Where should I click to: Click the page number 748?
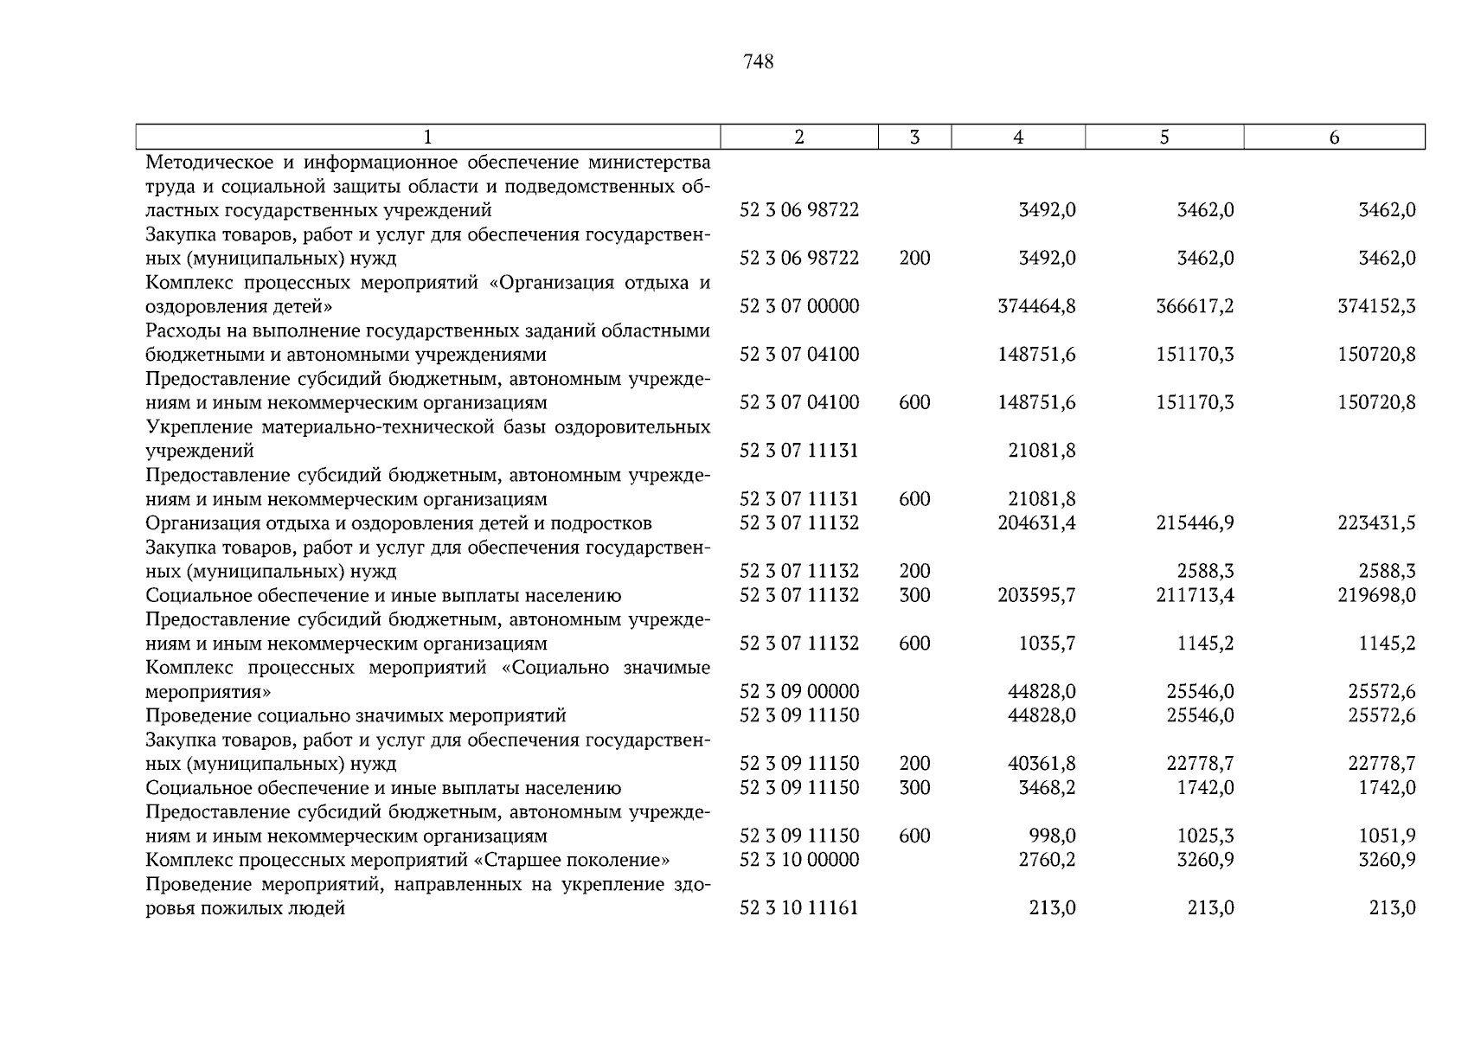tap(758, 62)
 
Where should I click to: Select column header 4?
tap(1018, 138)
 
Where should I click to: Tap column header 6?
tap(1334, 138)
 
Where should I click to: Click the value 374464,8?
tap(1036, 306)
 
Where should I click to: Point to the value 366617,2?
tap(1195, 306)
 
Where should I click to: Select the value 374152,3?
tap(1376, 306)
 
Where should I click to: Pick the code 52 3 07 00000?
tap(799, 306)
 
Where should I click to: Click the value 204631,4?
tap(1036, 523)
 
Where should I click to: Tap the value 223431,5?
tap(1376, 523)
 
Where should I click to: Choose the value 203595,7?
tap(1036, 596)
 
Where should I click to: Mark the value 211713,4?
tap(1195, 596)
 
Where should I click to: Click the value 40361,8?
tap(1042, 764)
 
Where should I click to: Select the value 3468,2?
tap(1047, 788)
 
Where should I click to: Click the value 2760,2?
tap(1047, 861)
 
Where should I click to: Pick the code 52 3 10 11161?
tap(799, 908)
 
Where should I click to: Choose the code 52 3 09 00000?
tap(799, 692)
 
